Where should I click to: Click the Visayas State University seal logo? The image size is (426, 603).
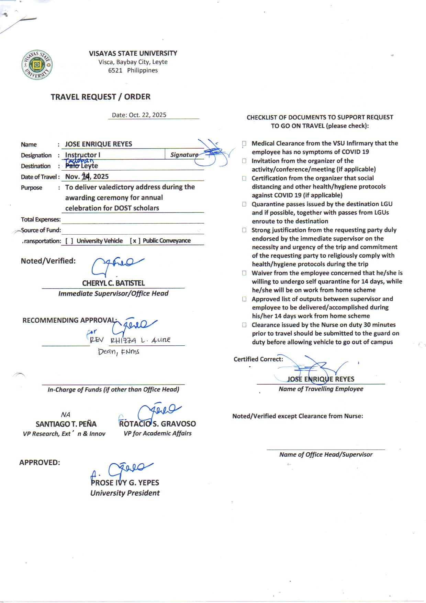coord(37,65)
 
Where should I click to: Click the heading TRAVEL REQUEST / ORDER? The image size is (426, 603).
coord(100,97)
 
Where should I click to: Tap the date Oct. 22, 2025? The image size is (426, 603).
coord(147,115)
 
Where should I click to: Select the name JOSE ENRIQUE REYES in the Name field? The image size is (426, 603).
coord(99,144)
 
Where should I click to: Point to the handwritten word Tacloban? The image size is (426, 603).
coord(79,161)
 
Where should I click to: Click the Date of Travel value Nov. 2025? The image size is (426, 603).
coord(87,176)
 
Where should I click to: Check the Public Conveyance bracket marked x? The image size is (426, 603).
coord(135,241)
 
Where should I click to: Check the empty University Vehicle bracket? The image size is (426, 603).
coord(69,241)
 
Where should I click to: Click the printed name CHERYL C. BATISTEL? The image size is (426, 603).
coord(113,283)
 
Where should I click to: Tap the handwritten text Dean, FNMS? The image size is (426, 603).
coord(119,352)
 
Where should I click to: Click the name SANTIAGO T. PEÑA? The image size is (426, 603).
coord(66,424)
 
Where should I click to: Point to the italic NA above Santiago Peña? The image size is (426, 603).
coord(65,414)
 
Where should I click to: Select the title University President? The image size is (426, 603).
coord(125,493)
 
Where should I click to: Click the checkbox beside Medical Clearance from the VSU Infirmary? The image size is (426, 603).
coord(244,143)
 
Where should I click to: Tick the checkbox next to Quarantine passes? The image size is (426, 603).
coord(244,204)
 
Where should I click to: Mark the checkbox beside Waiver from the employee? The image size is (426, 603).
coord(244,273)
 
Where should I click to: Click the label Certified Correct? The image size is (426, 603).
coord(258,359)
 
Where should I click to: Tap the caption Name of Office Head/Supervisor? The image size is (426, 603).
coord(326,454)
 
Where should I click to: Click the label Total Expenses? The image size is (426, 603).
coord(41,219)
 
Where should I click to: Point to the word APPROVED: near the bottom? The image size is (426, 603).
coord(40,462)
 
